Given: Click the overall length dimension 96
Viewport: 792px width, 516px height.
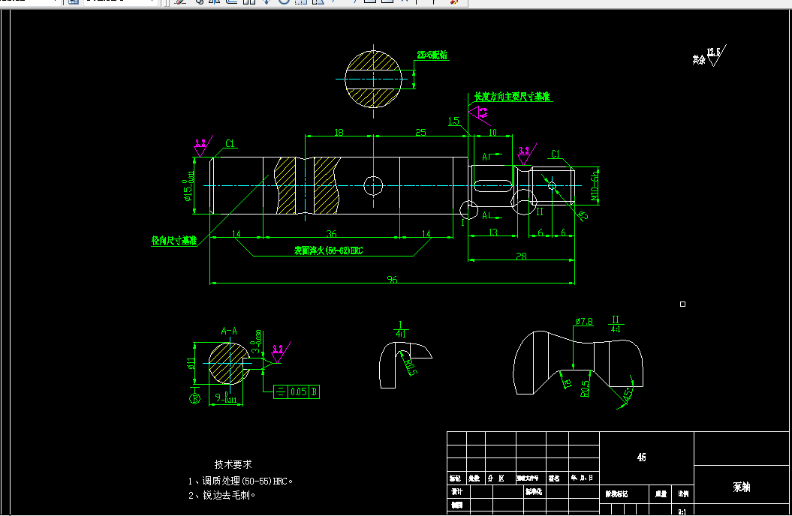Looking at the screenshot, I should coord(392,279).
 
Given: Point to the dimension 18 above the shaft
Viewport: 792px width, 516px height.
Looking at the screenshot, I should coord(339,132).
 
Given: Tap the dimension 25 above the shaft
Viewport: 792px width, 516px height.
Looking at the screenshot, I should coord(420,132).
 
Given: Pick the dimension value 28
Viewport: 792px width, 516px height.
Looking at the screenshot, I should coord(521,256).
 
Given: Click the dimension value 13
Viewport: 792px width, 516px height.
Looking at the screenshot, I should coord(492,233).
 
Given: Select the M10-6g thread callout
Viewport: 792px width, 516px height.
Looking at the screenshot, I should coord(595,185).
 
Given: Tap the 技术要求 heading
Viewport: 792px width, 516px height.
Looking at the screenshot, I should coord(233,464).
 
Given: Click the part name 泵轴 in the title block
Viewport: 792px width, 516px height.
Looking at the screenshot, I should coord(741,487).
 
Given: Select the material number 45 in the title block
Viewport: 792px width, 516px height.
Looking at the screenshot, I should coord(641,457).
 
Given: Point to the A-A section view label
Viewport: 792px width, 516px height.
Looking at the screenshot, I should coord(229,330).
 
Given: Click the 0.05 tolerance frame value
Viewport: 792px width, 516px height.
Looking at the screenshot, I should coord(298,391).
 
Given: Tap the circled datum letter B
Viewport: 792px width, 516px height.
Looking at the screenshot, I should coord(194,398).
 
